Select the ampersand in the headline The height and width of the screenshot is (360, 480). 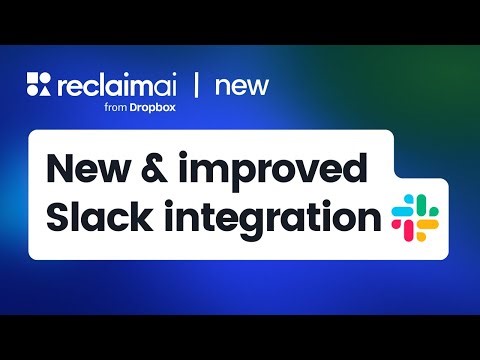tap(182, 167)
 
